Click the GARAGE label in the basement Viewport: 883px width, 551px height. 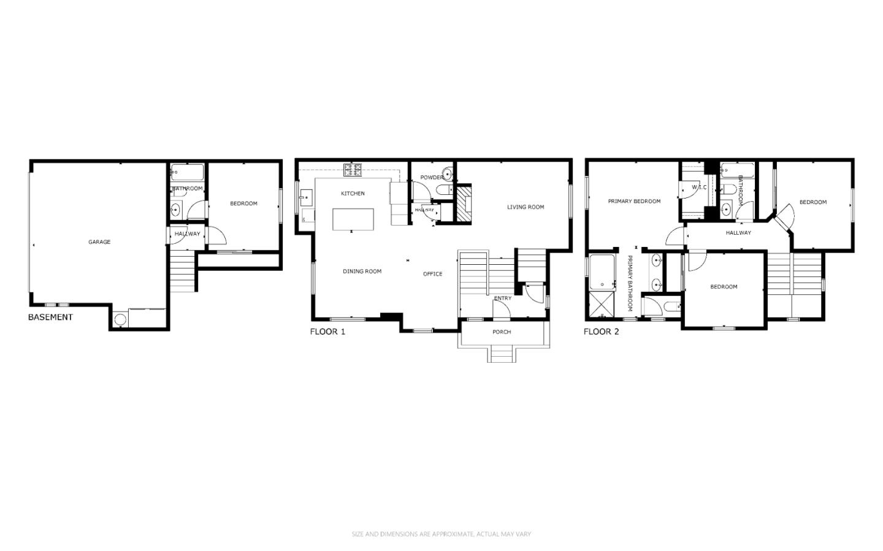[99, 242]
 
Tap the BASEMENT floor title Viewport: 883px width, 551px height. [50, 317]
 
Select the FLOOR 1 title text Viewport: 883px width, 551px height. [327, 332]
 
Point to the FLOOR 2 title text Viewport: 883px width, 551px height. [601, 332]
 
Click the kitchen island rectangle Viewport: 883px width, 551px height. [353, 219]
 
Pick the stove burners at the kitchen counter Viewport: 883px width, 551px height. [353, 170]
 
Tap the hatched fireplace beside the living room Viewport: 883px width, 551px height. [464, 203]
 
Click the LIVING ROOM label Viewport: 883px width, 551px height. [526, 207]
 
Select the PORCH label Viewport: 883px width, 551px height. [502, 332]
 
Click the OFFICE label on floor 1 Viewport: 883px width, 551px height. [433, 274]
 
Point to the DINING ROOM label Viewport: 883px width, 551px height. [362, 271]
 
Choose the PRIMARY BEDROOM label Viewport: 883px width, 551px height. [634, 202]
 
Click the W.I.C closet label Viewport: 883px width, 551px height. [699, 187]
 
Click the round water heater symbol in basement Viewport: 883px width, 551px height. [120, 319]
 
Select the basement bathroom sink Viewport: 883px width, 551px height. [175, 209]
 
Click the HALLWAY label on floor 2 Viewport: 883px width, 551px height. [738, 233]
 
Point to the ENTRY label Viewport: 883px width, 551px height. [503, 298]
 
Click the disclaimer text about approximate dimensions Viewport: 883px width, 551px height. [442, 534]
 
